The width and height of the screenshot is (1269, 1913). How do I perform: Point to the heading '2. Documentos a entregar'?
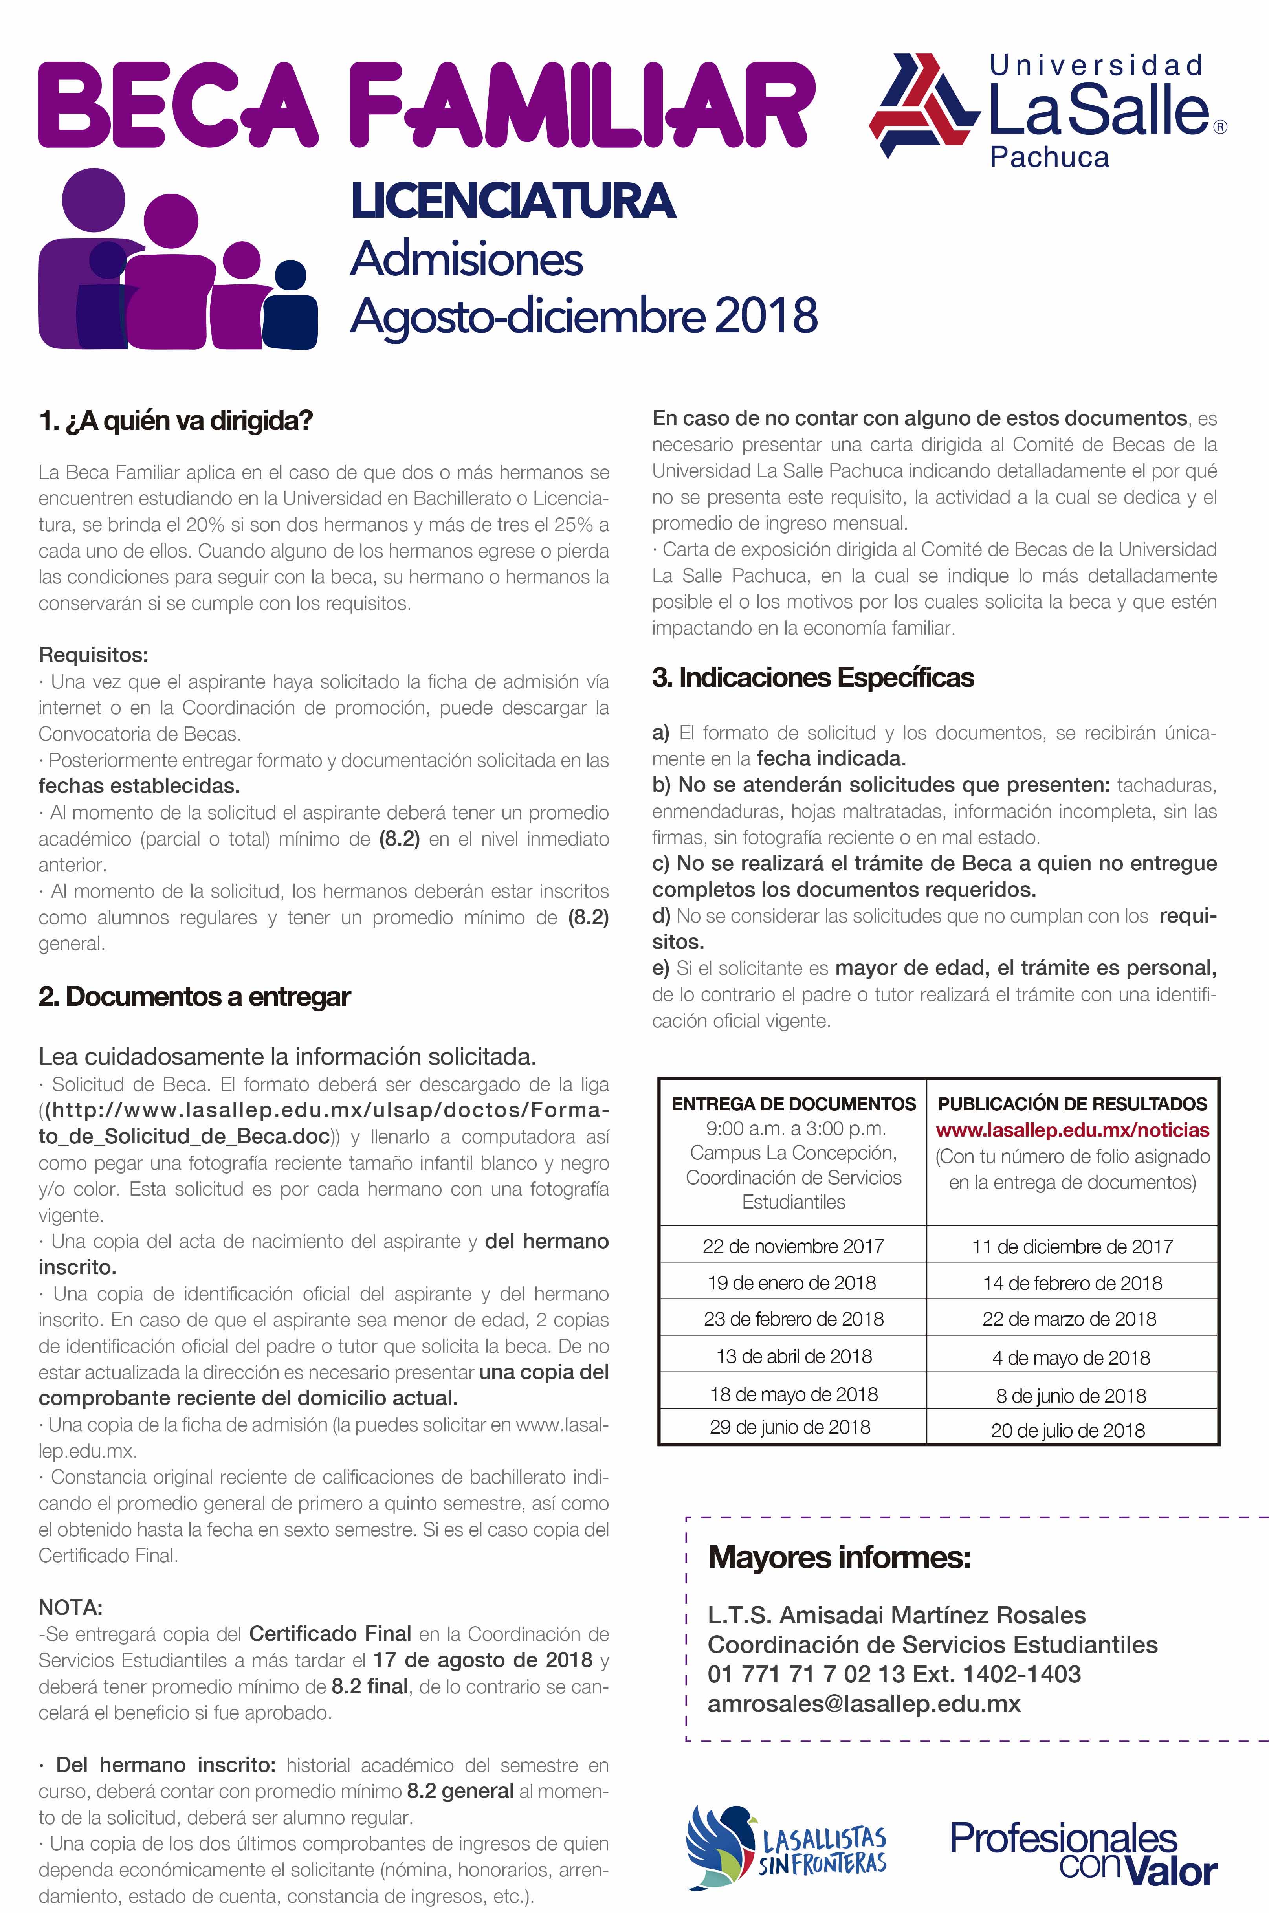pos(194,997)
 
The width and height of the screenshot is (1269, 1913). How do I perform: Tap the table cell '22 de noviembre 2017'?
pos(793,1246)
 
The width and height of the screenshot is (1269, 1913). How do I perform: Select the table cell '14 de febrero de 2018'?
pos(1072,1284)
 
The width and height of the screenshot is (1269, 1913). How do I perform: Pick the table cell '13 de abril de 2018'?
pos(793,1357)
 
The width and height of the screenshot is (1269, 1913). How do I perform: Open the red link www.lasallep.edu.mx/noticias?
pos(1072,1130)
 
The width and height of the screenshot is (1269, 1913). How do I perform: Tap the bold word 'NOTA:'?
pos(70,1607)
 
